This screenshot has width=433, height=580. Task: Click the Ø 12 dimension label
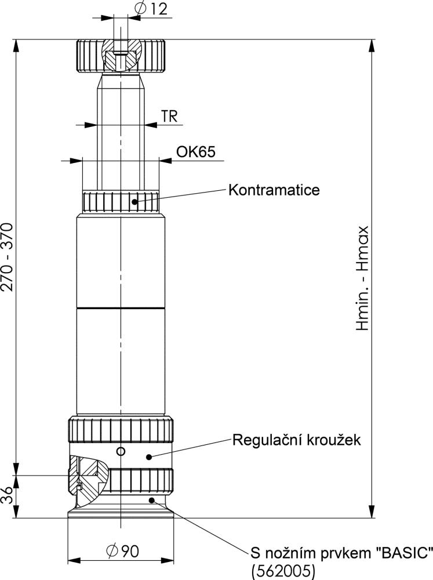pos(152,8)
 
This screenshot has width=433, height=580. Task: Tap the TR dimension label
pos(169,116)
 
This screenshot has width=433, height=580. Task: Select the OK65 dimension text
pos(195,151)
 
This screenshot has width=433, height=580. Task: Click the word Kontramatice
pos(274,190)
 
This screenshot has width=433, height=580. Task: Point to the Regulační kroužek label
pos(297,440)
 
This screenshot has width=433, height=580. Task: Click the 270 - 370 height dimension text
pos(7,257)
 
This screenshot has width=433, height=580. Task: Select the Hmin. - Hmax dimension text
pos(362,278)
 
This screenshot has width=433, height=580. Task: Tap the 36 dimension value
pos(7,495)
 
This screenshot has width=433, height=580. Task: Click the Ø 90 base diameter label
pos(122,552)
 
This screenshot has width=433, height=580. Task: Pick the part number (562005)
pos(283,571)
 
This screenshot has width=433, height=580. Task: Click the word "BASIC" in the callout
pos(404,553)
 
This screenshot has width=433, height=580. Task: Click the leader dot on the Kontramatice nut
pos(134,202)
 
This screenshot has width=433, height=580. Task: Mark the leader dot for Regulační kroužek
pos(149,457)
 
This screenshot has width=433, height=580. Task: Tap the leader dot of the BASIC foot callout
pos(152,501)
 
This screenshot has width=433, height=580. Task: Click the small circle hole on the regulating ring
pos(121,451)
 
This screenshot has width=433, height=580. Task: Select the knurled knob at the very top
pos(121,56)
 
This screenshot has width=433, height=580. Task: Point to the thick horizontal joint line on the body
pos(121,308)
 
